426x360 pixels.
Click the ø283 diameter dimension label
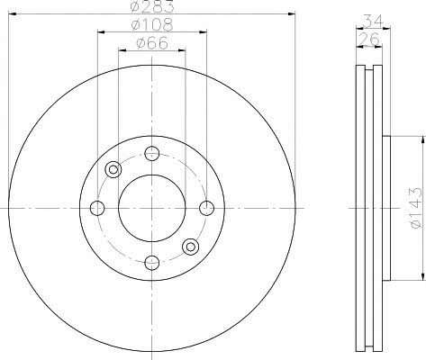(152, 6)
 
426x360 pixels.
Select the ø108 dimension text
(152, 25)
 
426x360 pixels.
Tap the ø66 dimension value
(152, 43)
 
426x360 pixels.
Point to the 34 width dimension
(374, 21)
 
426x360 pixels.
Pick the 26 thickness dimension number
(369, 40)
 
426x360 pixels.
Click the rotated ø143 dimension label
(416, 208)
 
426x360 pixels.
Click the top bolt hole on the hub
(152, 154)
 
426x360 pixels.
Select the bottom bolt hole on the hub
(152, 263)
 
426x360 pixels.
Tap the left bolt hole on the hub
(97, 208)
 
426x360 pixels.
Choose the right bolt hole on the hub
(207, 208)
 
